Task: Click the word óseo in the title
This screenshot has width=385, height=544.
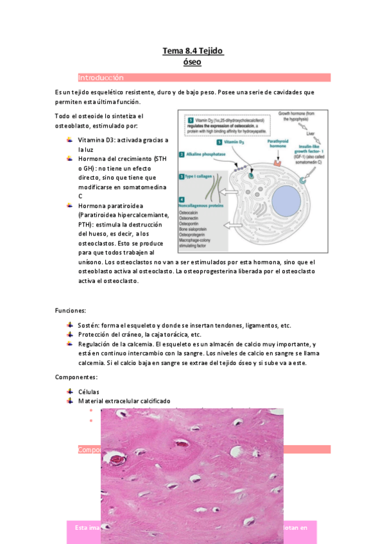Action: click(192, 62)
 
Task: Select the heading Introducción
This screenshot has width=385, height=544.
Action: click(101, 78)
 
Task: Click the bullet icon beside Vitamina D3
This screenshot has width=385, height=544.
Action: click(69, 139)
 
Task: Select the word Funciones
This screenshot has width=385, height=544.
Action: click(66, 310)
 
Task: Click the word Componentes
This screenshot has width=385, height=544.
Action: click(76, 377)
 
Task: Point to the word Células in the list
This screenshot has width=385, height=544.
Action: click(89, 391)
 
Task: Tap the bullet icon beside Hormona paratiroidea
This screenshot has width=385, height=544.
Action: click(69, 205)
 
